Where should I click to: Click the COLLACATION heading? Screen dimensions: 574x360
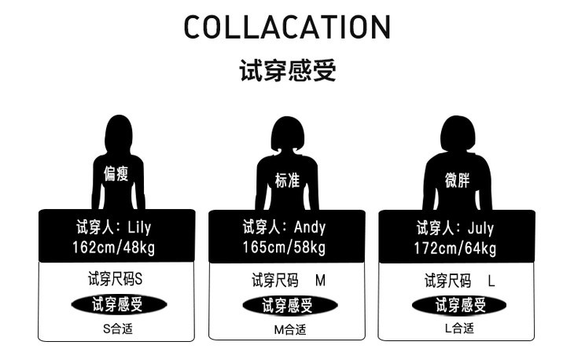click(287, 28)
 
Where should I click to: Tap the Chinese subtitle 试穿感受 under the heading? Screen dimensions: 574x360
click(287, 71)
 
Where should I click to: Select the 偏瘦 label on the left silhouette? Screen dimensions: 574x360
click(116, 174)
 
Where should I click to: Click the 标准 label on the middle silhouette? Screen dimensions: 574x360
click(287, 180)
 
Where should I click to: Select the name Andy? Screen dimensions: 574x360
click(309, 228)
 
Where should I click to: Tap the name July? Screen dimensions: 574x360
click(480, 229)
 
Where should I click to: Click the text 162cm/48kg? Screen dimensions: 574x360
click(116, 248)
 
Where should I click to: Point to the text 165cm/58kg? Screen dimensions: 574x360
click(286, 248)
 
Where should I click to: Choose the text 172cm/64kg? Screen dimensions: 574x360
click(456, 249)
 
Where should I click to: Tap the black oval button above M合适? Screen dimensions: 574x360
click(289, 305)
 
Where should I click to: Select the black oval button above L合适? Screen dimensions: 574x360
click(459, 305)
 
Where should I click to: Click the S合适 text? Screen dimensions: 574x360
click(118, 328)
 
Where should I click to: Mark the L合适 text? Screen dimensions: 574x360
click(459, 328)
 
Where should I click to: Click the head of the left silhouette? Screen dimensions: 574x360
click(118, 131)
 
